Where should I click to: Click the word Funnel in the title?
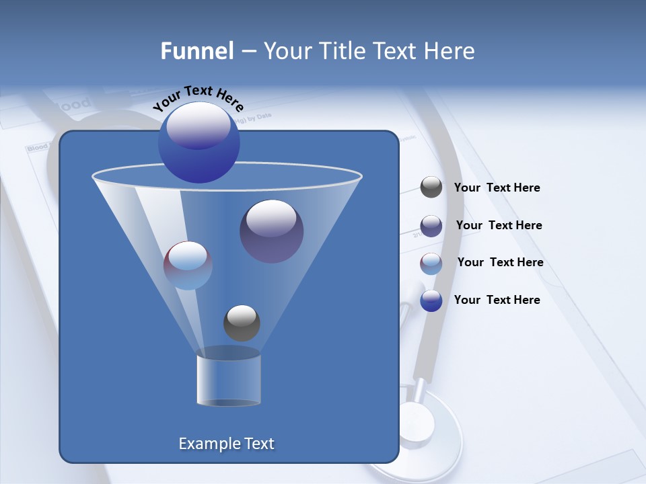197,51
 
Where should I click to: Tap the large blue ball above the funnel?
199,143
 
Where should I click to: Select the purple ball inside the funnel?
271,231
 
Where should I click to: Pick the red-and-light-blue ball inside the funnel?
188,266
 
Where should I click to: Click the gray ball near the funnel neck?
242,323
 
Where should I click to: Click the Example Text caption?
226,444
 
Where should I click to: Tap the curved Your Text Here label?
199,98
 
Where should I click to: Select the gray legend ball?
431,188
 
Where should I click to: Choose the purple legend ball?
431,226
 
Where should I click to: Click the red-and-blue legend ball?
431,264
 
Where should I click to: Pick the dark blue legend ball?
431,300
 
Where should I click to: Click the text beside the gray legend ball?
497,188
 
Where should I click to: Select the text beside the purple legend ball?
499,225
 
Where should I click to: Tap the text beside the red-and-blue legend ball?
500,262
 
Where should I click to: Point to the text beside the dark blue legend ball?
497,300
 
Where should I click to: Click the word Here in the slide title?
450,51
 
